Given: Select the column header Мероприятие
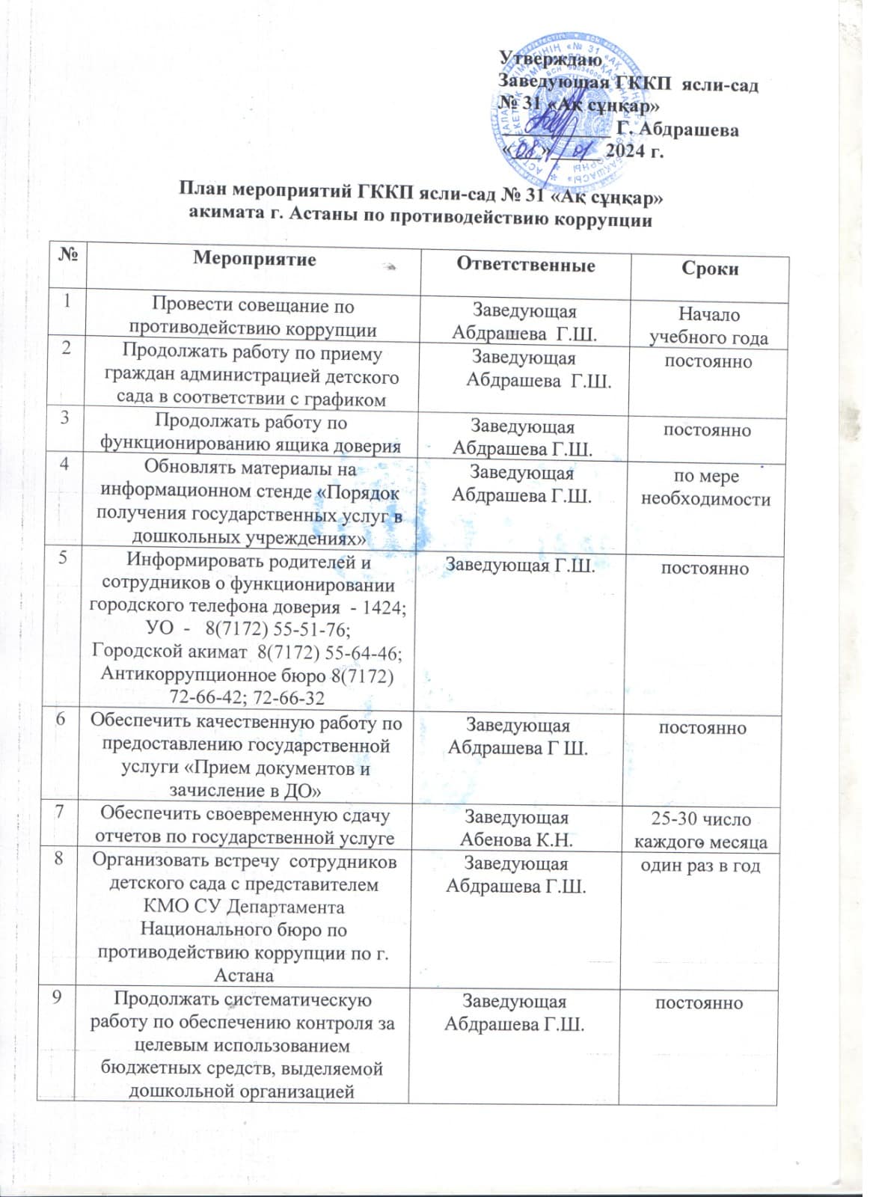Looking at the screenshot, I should (x=254, y=259).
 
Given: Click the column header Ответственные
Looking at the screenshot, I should (x=526, y=265).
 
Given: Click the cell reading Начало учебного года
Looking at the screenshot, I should (x=708, y=326).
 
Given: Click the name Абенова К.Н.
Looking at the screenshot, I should (x=516, y=840).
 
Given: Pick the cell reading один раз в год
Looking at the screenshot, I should (x=700, y=866).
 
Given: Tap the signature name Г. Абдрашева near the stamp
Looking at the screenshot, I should (x=678, y=131).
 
